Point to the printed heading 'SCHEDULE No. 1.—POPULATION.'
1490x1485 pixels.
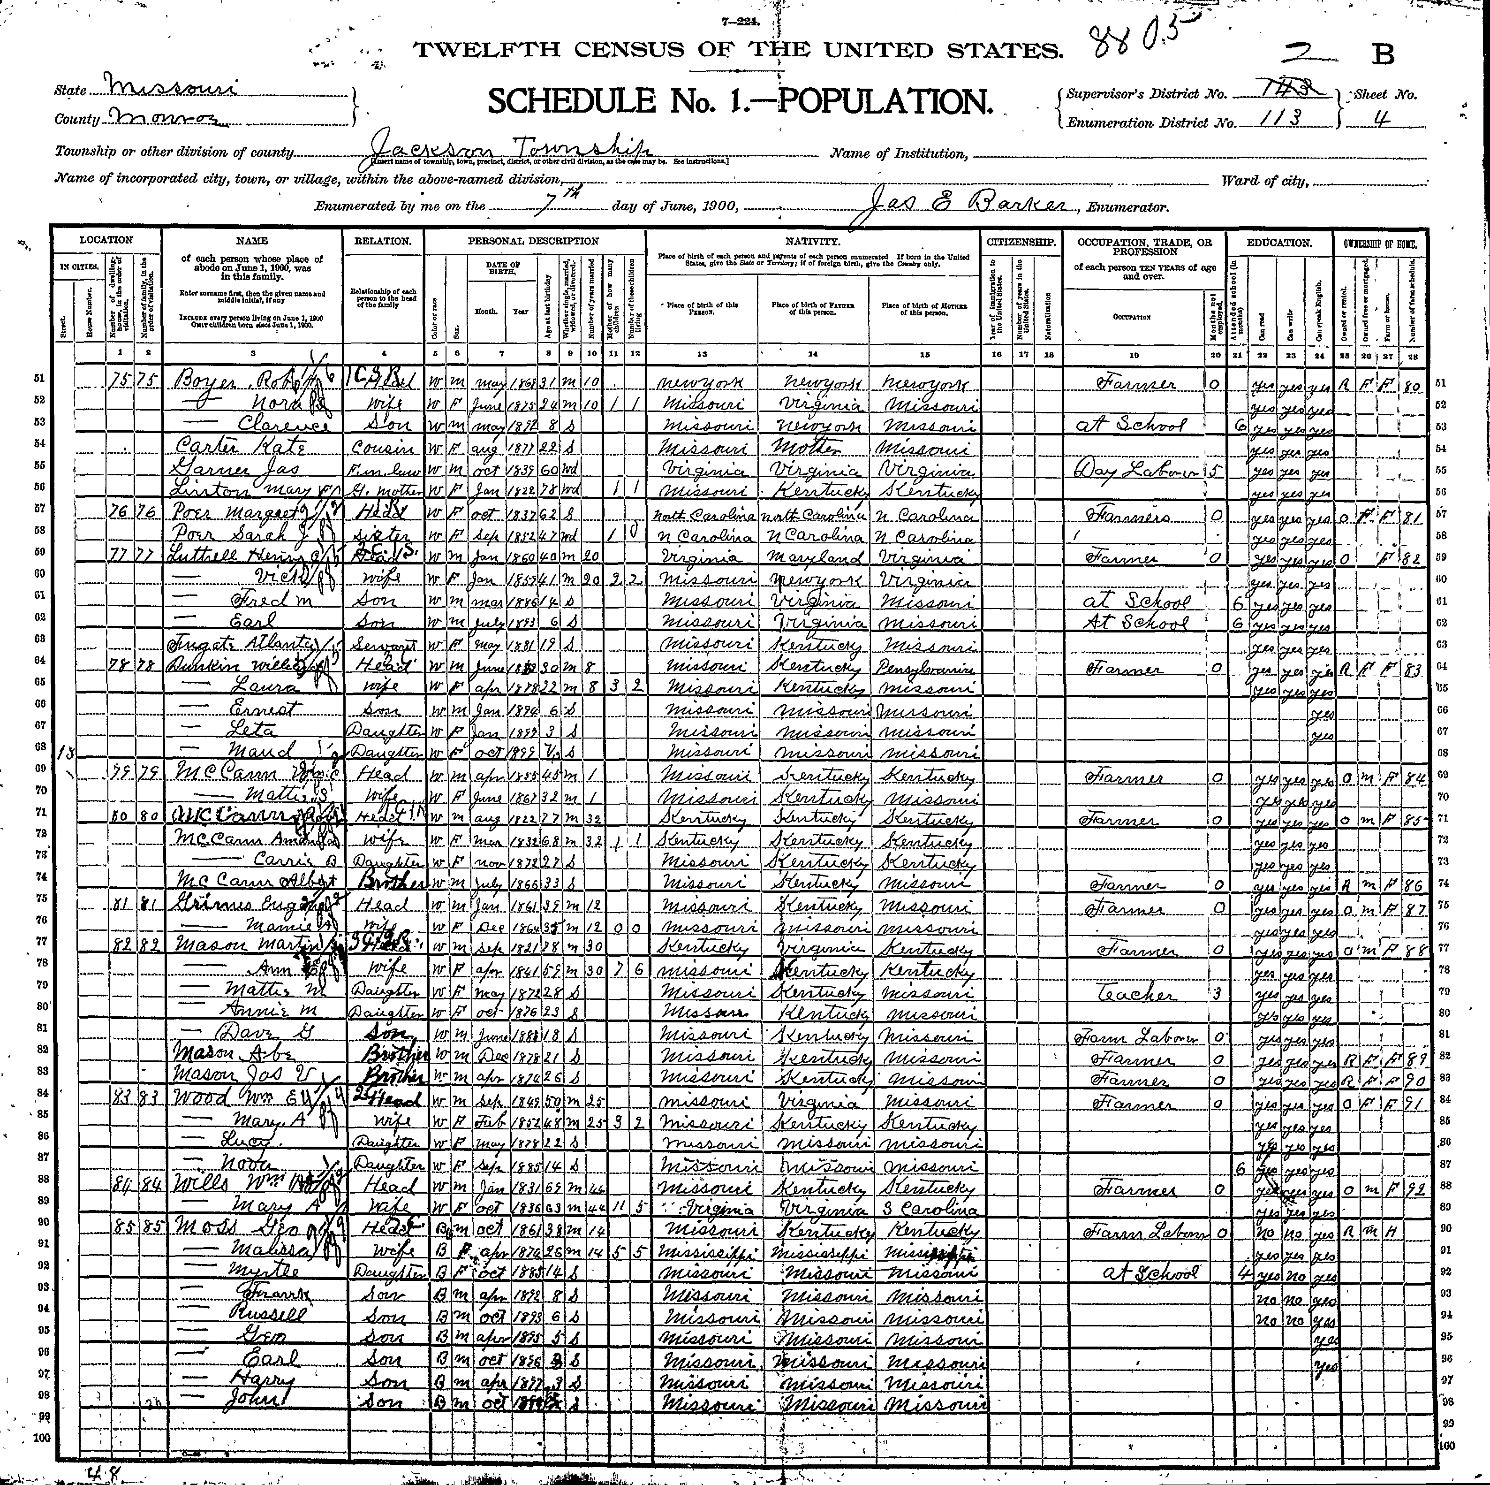(x=739, y=101)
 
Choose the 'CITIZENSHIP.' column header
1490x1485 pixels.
(x=1022, y=242)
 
